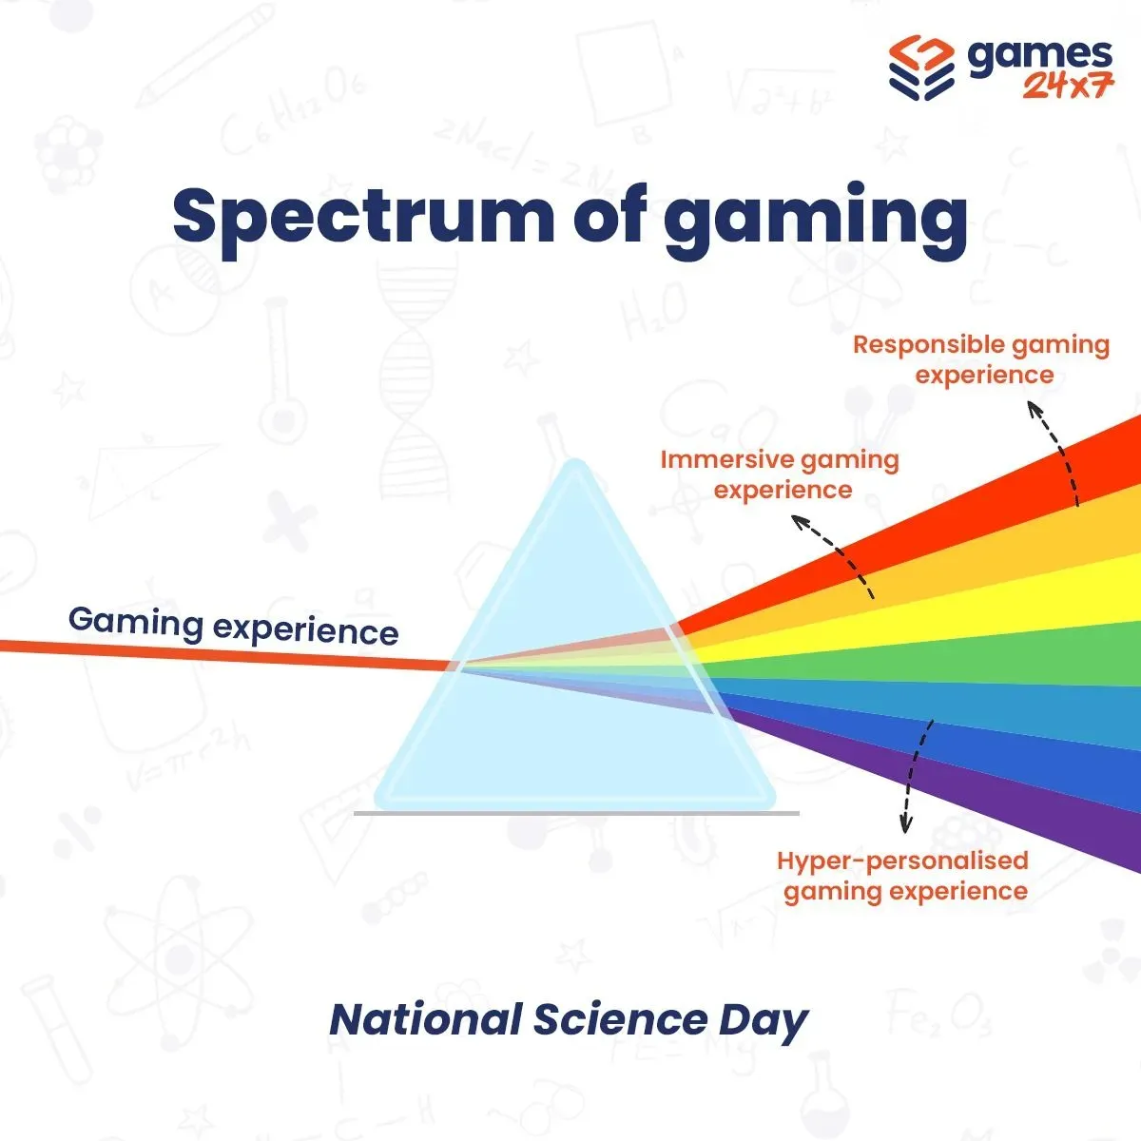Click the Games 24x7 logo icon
pyautogui.click(x=921, y=68)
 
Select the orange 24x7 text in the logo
pyautogui.click(x=1068, y=87)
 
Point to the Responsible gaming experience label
pyautogui.click(x=981, y=360)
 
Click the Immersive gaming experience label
pyautogui.click(x=781, y=474)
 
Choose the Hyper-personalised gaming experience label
pyautogui.click(x=903, y=877)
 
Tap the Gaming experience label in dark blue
pyautogui.click(x=234, y=627)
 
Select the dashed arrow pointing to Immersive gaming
pyautogui.click(x=841, y=551)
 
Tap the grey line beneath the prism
pyautogui.click(x=576, y=814)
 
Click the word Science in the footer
pyautogui.click(x=620, y=1020)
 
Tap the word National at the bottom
pyautogui.click(x=426, y=1020)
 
